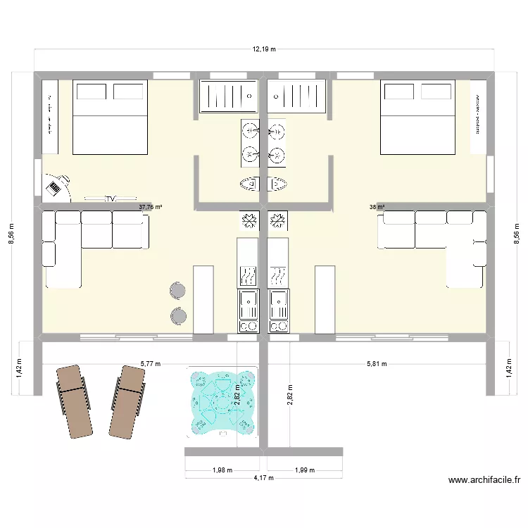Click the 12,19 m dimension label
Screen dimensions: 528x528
pyautogui.click(x=264, y=49)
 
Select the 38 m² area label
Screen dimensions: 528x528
pyautogui.click(x=377, y=207)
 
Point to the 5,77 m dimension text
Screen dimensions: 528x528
pyautogui.click(x=151, y=364)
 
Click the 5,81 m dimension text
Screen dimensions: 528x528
pyautogui.click(x=376, y=364)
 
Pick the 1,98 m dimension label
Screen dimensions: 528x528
pyautogui.click(x=223, y=470)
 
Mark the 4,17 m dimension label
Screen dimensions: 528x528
pyautogui.click(x=264, y=477)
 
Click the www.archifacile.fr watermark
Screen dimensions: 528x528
pyautogui.click(x=484, y=481)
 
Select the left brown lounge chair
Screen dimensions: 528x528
pyautogui.click(x=74, y=400)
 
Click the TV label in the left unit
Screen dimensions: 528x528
pyautogui.click(x=109, y=199)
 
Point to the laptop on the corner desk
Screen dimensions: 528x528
pyautogui.click(x=54, y=187)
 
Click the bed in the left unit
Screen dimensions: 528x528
pyautogui.click(x=111, y=117)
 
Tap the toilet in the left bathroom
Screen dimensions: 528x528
pyautogui.click(x=251, y=184)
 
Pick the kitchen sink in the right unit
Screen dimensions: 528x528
pyautogui.click(x=279, y=305)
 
